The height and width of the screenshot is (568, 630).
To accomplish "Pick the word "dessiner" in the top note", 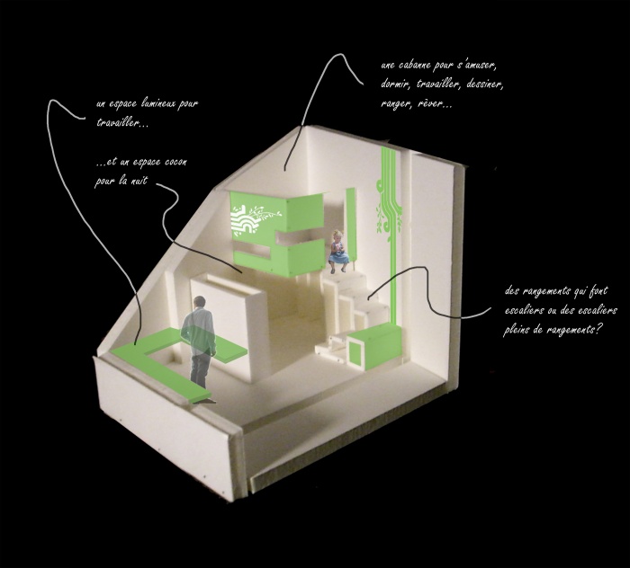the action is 484,84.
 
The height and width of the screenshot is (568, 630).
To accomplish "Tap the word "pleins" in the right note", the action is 517,330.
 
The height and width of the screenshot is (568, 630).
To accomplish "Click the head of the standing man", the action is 199,302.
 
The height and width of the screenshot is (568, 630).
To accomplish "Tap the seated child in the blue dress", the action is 338,252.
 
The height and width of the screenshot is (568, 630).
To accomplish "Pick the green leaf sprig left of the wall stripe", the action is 379,218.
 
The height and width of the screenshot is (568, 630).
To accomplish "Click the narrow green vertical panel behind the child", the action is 351,224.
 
